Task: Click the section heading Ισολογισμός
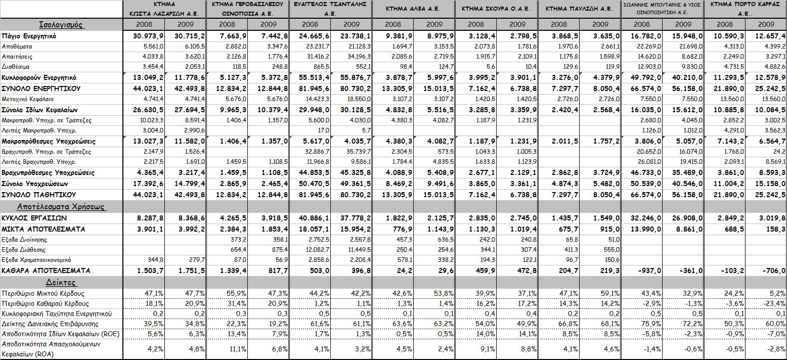pos(61,25)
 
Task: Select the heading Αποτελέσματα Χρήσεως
pos(61,206)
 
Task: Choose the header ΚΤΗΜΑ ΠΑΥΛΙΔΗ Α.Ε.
pos(579,9)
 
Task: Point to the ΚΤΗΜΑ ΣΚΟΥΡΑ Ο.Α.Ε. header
pos(496,9)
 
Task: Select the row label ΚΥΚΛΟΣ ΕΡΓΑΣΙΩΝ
pos(34,218)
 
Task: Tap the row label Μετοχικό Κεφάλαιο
pos(28,99)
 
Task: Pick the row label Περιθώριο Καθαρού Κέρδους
pos(46,303)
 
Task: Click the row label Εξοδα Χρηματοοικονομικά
pos(38,260)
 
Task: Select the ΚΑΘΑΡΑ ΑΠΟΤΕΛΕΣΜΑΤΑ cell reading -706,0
pos(771,271)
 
